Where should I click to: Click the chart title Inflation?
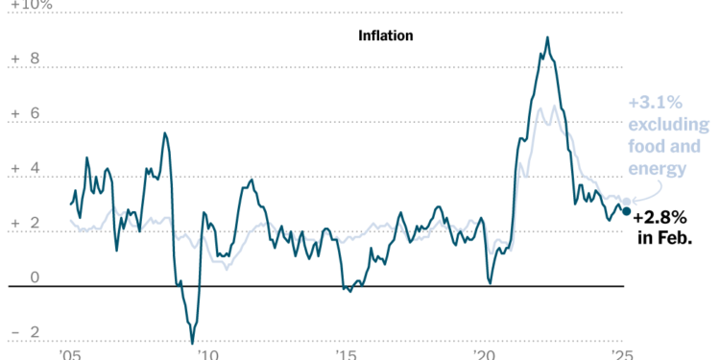385,36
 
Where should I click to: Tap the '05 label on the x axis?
69,354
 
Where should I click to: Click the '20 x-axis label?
484,354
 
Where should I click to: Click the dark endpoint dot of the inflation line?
627,211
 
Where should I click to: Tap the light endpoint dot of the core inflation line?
627,202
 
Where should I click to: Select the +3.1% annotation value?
656,102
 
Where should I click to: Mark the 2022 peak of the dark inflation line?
547,37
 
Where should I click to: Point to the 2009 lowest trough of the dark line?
192,343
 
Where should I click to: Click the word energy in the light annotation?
658,169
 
